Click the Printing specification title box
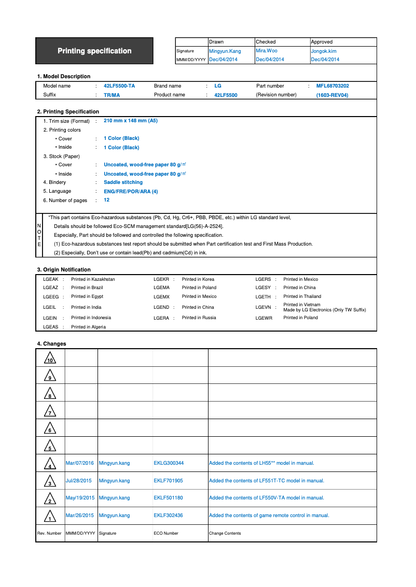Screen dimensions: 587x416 94,51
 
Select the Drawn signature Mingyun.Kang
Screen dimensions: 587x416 225,51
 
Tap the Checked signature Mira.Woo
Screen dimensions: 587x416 267,51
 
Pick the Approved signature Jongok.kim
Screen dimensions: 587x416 324,51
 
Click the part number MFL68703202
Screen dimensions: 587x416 332,86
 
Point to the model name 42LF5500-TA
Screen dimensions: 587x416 119,86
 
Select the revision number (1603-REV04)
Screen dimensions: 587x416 332,95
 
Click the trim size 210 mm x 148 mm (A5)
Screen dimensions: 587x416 131,121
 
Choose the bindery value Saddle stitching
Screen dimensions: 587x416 123,182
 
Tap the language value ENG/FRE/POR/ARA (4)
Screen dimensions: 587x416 131,191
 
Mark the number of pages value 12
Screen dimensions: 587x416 106,200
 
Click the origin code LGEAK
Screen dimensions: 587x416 50,279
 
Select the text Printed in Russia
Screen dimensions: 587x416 199,318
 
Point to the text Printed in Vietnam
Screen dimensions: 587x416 302,305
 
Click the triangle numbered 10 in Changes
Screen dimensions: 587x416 50,358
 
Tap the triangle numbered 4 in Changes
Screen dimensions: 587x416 50,464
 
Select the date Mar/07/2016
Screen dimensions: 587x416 80,463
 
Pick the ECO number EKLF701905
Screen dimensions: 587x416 168,481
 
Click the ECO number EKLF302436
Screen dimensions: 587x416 168,516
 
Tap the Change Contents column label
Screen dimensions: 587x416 225,533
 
